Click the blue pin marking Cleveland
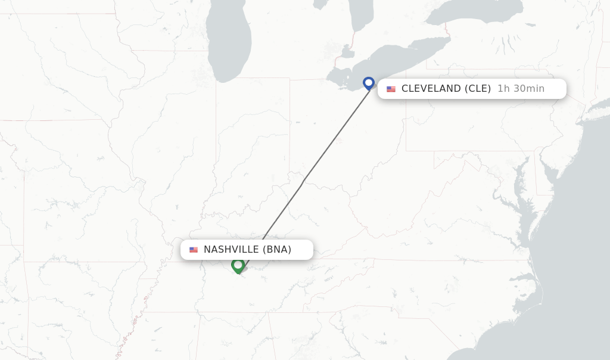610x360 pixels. click(369, 83)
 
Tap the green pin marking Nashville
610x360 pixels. click(238, 265)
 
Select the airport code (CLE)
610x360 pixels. click(478, 89)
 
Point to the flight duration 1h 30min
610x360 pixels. click(521, 89)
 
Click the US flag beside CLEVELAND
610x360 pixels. click(391, 89)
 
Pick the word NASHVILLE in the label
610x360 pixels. click(231, 250)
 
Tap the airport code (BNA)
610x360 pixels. click(277, 250)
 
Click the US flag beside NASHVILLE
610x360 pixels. click(194, 250)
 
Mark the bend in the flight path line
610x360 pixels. click(303, 181)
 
